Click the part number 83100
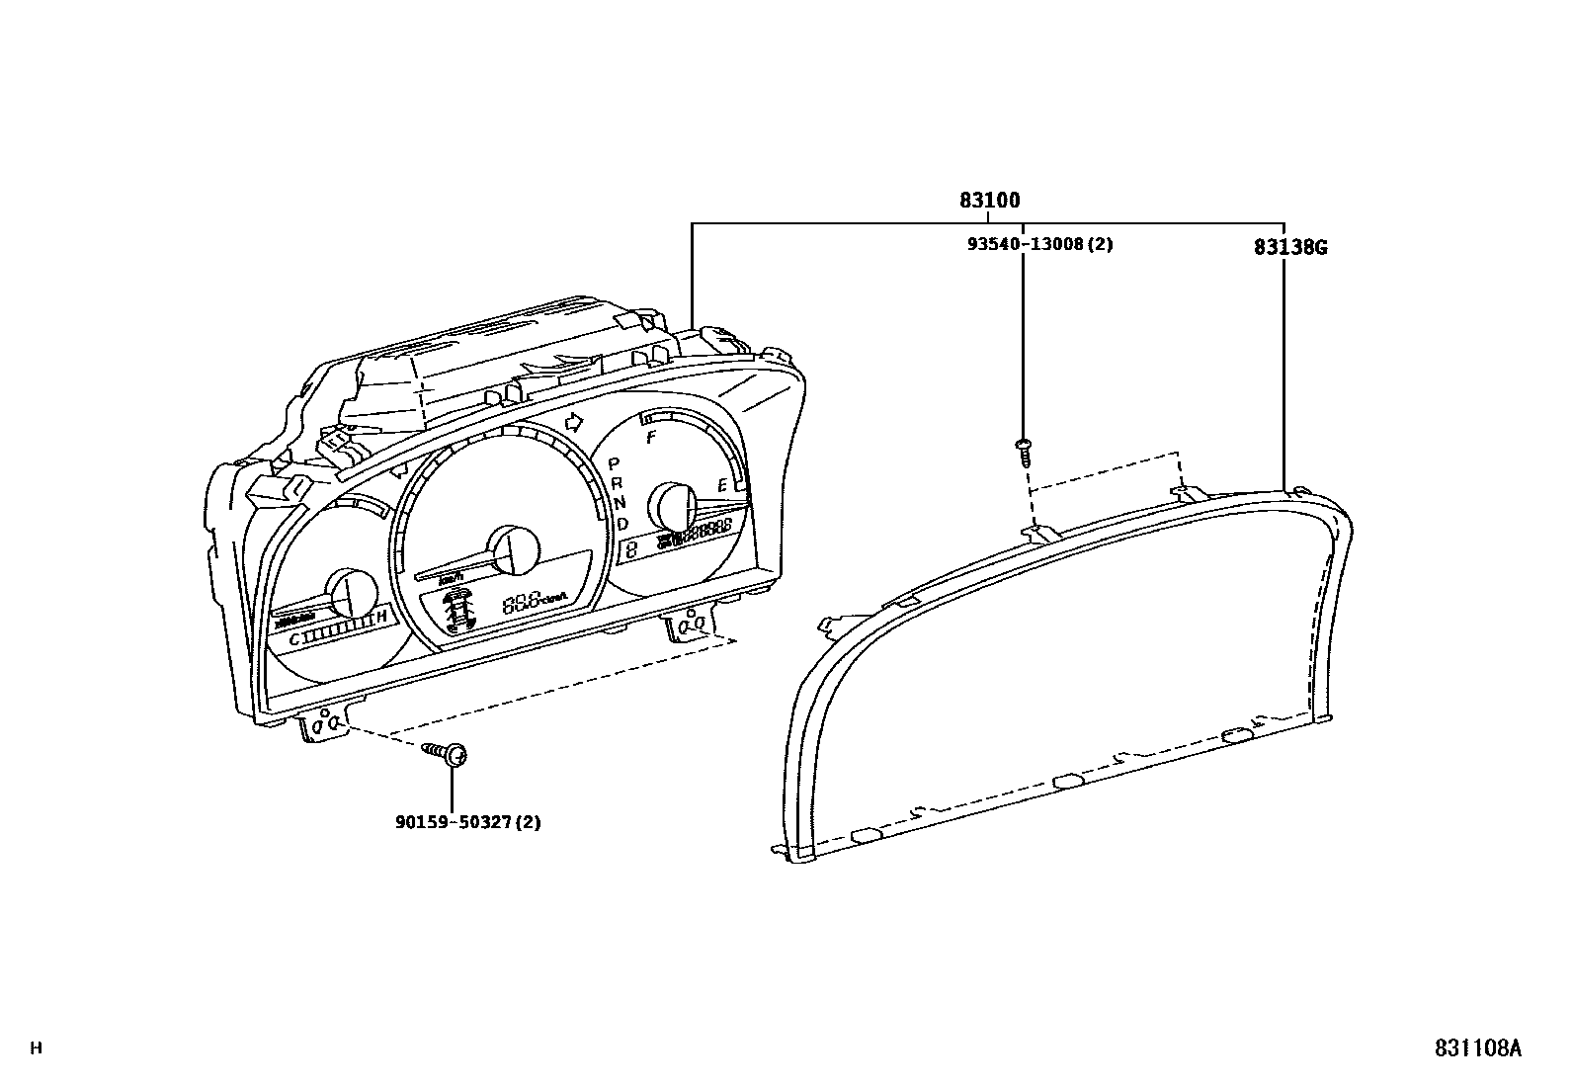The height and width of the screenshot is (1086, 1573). [x=989, y=201]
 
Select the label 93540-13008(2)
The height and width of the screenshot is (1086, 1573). [x=1039, y=243]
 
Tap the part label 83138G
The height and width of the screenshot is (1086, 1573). [x=1289, y=248]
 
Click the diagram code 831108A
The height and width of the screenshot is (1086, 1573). [x=1479, y=1048]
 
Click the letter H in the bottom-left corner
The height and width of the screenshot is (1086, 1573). [x=37, y=1048]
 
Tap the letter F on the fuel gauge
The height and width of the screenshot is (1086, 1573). [x=650, y=437]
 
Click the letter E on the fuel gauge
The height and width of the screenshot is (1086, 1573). [x=722, y=485]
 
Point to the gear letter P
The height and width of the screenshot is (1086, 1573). [x=613, y=462]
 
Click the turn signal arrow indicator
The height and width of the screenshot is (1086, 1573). [x=571, y=423]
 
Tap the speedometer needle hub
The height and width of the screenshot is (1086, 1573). [x=514, y=549]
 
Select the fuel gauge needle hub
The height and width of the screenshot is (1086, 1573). [x=672, y=508]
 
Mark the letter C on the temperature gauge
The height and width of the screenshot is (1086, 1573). [x=293, y=640]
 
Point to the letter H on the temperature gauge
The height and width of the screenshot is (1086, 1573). [x=381, y=619]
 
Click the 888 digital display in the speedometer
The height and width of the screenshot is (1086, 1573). [x=522, y=600]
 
